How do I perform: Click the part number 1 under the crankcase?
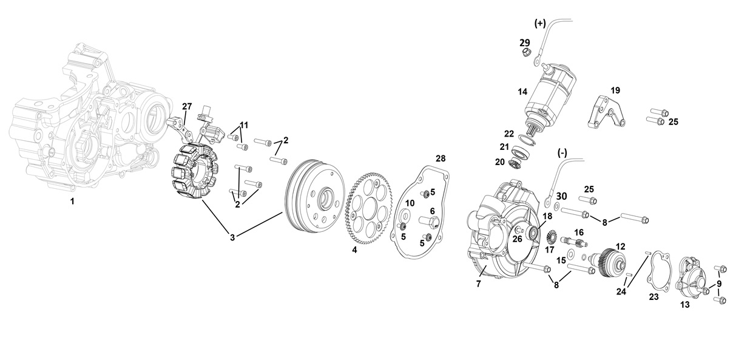pos(72,202)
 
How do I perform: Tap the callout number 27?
pos(187,106)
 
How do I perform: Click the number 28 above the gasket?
pos(441,158)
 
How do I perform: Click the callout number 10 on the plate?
pos(410,203)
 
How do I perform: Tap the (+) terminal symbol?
pos(540,24)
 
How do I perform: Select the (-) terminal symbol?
pos(562,153)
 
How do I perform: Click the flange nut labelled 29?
pos(526,52)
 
